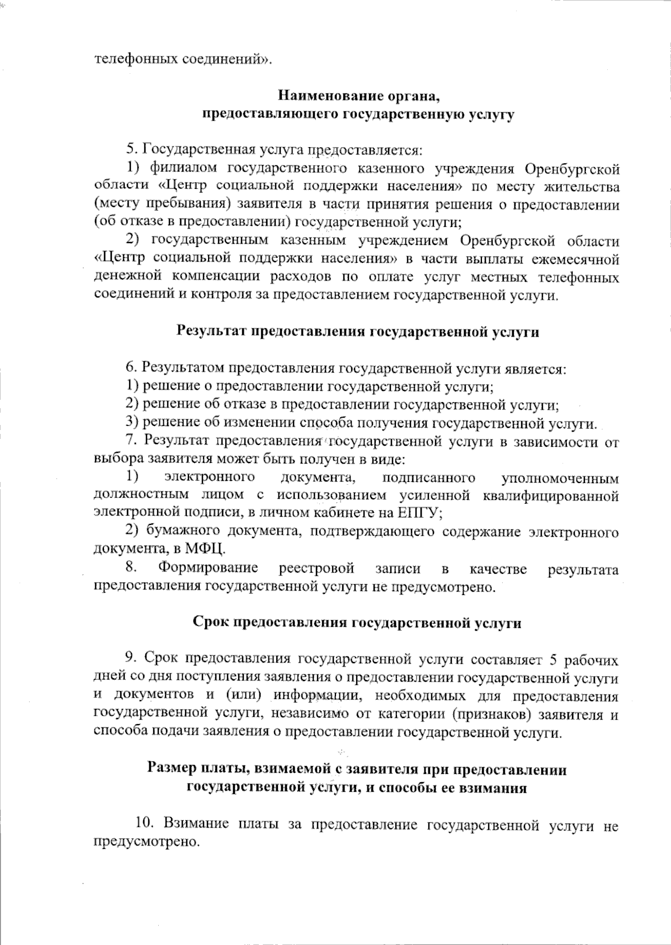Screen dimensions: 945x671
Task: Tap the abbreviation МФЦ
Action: [206, 549]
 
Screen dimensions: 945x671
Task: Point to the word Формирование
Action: [208, 568]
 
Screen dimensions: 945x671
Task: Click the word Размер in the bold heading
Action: [171, 769]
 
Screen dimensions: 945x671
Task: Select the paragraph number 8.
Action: [131, 568]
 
